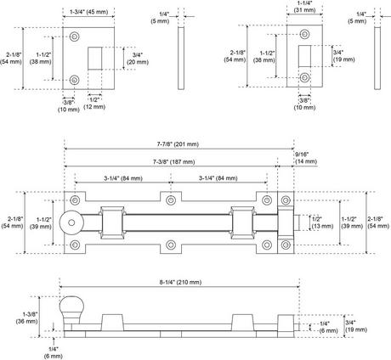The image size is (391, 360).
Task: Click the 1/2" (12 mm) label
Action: (96, 104)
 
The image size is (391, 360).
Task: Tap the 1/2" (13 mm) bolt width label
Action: (317, 222)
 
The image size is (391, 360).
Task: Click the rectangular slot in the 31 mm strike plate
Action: (303, 59)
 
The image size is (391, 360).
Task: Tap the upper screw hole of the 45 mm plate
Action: (75, 37)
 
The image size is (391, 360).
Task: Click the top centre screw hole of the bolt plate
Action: (171, 200)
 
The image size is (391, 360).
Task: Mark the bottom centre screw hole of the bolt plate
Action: (171, 246)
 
